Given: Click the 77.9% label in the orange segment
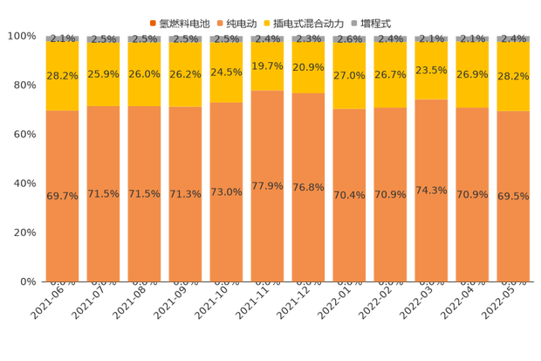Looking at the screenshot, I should (x=267, y=186).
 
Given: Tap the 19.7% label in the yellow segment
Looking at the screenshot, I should (x=267, y=66).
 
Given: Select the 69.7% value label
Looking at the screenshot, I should (x=62, y=196).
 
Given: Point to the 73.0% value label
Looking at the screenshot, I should (x=226, y=192).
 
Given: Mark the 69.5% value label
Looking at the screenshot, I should (x=513, y=196).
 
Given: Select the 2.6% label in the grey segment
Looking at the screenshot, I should (x=349, y=38).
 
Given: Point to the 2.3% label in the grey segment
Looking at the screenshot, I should (x=308, y=38).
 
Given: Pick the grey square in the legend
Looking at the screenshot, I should (x=354, y=21).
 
